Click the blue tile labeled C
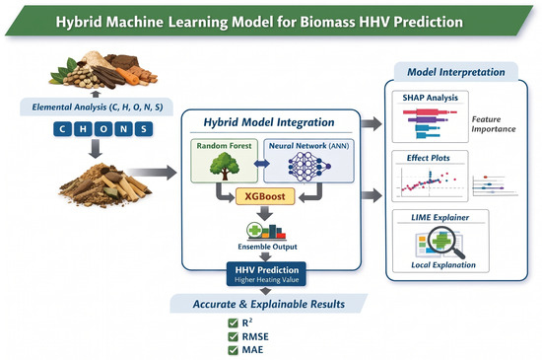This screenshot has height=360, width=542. pos(62,129)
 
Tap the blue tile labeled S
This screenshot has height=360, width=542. pos(144,129)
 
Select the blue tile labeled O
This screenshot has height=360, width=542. pos(103,129)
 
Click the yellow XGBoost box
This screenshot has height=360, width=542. pos(265,196)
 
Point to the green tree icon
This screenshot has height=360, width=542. pos(225,166)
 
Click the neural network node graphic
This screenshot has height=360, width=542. pos(308,167)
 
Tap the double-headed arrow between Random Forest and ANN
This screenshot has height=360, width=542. pos(262,163)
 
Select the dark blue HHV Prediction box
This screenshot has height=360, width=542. pos(266,274)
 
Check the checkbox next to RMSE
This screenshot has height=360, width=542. pos(234,336)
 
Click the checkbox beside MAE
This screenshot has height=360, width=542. pos(234,350)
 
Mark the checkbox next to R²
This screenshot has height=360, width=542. pos(234,323)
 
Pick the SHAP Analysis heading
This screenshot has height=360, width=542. pos(430,98)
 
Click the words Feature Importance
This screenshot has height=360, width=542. pos(494,124)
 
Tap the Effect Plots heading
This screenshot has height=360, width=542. pos(429,158)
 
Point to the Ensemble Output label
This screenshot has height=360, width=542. pos(267,247)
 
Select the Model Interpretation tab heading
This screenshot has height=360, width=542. pos(456,72)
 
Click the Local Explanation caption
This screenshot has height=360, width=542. pos(443,265)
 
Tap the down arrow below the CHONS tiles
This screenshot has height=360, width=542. pos(95,149)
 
